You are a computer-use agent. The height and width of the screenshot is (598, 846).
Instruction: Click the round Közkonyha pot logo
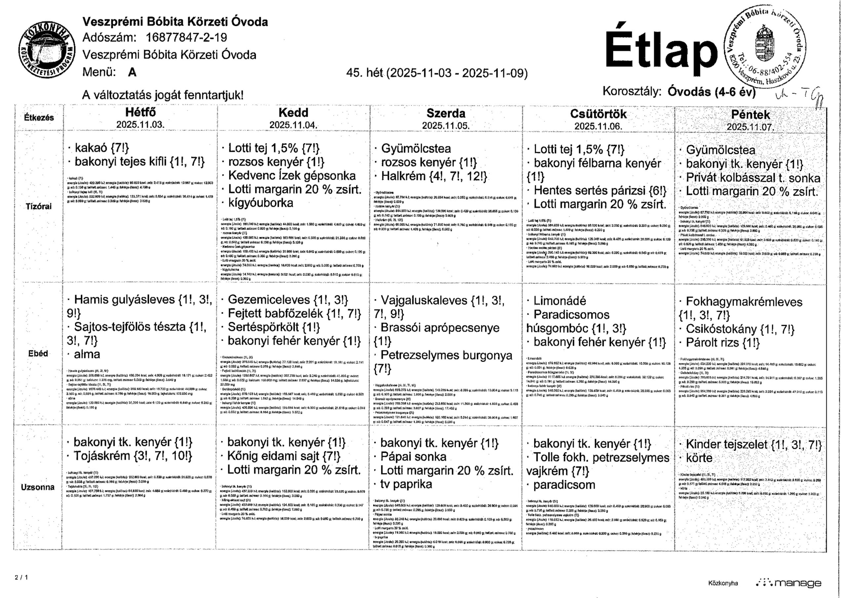[x=47, y=51]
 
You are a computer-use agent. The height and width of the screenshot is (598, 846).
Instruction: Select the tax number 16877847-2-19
[x=186, y=38]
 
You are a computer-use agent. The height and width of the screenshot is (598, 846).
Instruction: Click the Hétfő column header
[x=140, y=112]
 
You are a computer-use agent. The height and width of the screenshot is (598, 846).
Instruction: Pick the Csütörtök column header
[x=598, y=114]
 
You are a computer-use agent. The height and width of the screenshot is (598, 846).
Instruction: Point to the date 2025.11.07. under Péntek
[x=750, y=127]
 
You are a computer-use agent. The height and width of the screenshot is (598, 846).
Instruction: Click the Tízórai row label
[x=38, y=206]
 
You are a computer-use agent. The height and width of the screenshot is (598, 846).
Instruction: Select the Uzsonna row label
[x=38, y=487]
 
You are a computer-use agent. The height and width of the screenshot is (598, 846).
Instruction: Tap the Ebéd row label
[x=38, y=353]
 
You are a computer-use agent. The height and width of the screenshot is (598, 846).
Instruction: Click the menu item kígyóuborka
[x=260, y=203]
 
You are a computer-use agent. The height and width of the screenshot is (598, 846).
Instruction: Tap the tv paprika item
[x=406, y=484]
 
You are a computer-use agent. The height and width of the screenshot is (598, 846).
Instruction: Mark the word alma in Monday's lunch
[x=87, y=354]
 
